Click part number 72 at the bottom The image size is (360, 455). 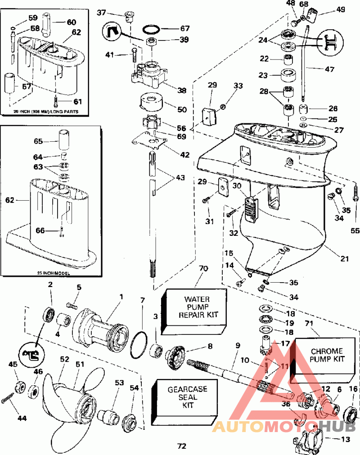tap(181, 446)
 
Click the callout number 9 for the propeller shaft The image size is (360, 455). tap(237, 346)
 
